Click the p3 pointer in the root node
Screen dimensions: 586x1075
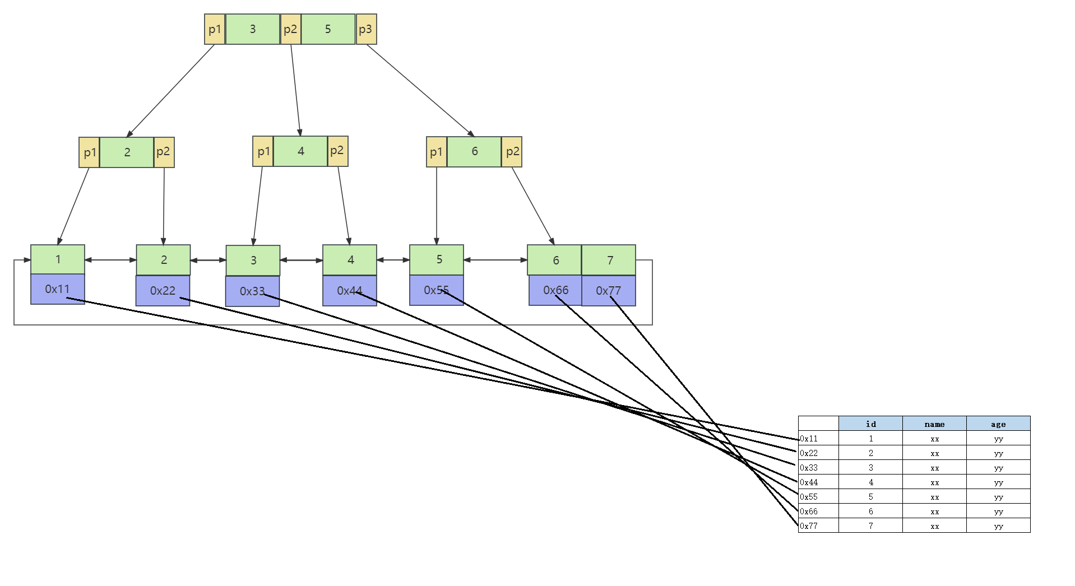pyautogui.click(x=366, y=29)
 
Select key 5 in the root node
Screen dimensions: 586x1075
pyautogui.click(x=328, y=29)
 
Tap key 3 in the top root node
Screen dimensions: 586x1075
pyautogui.click(x=252, y=29)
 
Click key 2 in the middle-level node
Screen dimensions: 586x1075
pyautogui.click(x=127, y=152)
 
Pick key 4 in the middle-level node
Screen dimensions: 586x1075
pyautogui.click(x=300, y=151)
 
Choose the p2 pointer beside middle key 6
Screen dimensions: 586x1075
pyautogui.click(x=512, y=152)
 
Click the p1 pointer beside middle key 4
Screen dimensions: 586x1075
pyautogui.click(x=263, y=151)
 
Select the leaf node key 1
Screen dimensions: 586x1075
pyautogui.click(x=58, y=259)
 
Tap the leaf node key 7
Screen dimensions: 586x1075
pyautogui.click(x=609, y=260)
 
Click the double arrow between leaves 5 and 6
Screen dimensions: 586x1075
pyautogui.click(x=495, y=260)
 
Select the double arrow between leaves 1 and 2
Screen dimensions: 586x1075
pyautogui.click(x=110, y=260)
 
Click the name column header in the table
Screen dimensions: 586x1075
pyautogui.click(x=934, y=424)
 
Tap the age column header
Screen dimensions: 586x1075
pyautogui.click(x=998, y=424)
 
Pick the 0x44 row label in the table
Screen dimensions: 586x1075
pyautogui.click(x=809, y=482)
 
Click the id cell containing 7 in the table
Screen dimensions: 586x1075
pyautogui.click(x=870, y=526)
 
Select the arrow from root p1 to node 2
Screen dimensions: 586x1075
pyautogui.click(x=171, y=91)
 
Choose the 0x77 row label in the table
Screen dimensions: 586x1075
pyautogui.click(x=809, y=526)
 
